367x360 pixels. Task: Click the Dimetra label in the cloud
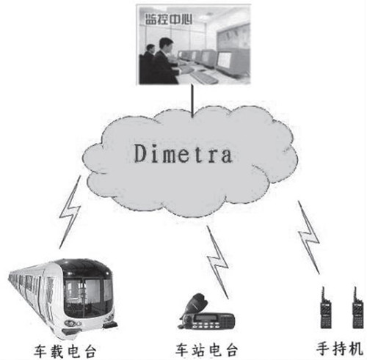point(183,153)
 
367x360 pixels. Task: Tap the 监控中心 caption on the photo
point(168,19)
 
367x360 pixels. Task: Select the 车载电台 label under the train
point(65,351)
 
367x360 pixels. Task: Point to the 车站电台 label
point(206,350)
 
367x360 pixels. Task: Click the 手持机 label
point(340,348)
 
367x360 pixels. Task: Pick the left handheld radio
point(326,309)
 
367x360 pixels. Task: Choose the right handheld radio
point(357,309)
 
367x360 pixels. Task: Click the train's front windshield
point(87,295)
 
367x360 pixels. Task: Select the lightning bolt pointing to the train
point(70,212)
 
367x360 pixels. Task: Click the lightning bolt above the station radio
point(217,262)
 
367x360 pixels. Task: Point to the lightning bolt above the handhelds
point(308,237)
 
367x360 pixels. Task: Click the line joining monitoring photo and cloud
point(192,101)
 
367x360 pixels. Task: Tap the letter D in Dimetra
point(141,153)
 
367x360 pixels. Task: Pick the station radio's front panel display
point(206,317)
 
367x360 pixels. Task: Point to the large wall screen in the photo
point(233,37)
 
